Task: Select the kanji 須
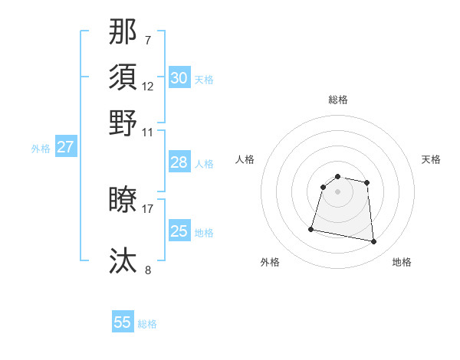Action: pos(123,77)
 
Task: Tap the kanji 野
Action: pos(123,123)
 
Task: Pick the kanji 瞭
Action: pos(123,200)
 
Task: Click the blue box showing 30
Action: pos(179,78)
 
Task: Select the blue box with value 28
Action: pos(179,162)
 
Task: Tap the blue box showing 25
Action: pos(179,231)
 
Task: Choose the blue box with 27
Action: pos(65,147)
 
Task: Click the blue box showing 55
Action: pos(123,322)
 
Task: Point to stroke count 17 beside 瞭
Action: pos(148,208)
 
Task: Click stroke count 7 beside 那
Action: pos(148,40)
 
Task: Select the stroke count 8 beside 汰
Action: pos(148,270)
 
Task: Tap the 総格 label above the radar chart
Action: pos(338,100)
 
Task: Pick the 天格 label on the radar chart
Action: pos(431,159)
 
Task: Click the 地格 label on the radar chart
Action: pos(402,262)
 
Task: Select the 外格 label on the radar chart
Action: pos(270,262)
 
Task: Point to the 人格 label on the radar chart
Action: pos(245,159)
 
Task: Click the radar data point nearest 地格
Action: pos(373,242)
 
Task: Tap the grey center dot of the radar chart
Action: pos(338,191)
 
